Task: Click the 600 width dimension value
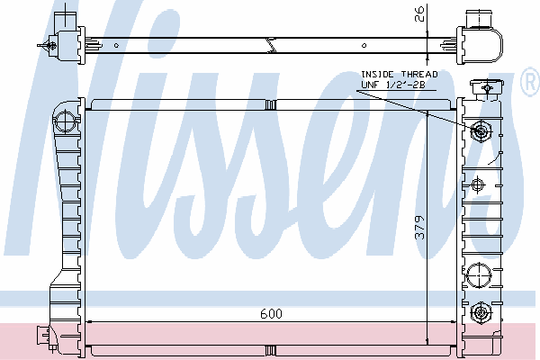tap(272, 314)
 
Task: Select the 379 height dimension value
tap(419, 228)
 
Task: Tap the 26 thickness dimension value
tap(418, 13)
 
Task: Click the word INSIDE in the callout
tap(377, 75)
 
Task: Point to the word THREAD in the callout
tap(419, 75)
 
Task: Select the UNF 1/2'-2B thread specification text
tap(393, 85)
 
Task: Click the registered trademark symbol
tap(531, 82)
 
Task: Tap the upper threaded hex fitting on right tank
tap(481, 130)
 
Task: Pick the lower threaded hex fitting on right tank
tap(481, 313)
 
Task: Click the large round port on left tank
tap(65, 121)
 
